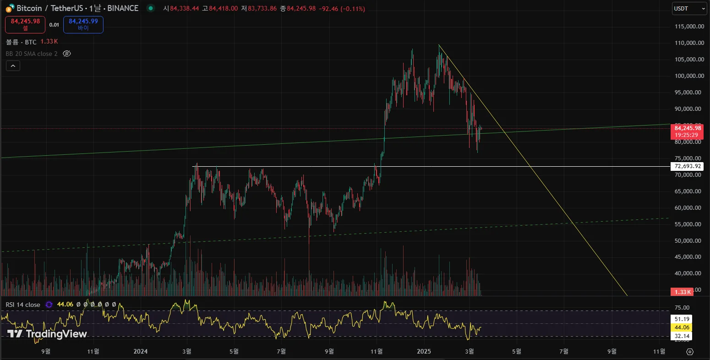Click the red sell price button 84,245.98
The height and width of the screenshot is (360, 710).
[25, 24]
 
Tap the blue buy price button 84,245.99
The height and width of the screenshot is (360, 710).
[83, 24]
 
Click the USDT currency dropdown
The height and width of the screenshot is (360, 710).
[689, 8]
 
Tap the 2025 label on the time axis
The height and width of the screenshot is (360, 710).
[424, 351]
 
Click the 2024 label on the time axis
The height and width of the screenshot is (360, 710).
[140, 351]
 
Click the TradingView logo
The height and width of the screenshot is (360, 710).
[47, 334]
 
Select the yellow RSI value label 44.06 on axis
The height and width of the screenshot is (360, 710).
[682, 327]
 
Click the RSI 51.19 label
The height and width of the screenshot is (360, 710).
[682, 319]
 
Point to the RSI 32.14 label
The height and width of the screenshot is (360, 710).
[682, 336]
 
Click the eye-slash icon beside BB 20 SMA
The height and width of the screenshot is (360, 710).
[66, 54]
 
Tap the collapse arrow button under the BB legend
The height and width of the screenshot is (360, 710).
[13, 66]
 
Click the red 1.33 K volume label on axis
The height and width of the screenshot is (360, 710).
[682, 292]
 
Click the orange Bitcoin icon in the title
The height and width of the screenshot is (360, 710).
[9, 8]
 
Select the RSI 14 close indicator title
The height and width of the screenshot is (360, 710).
[23, 305]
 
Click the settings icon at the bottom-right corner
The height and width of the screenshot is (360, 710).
[690, 352]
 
